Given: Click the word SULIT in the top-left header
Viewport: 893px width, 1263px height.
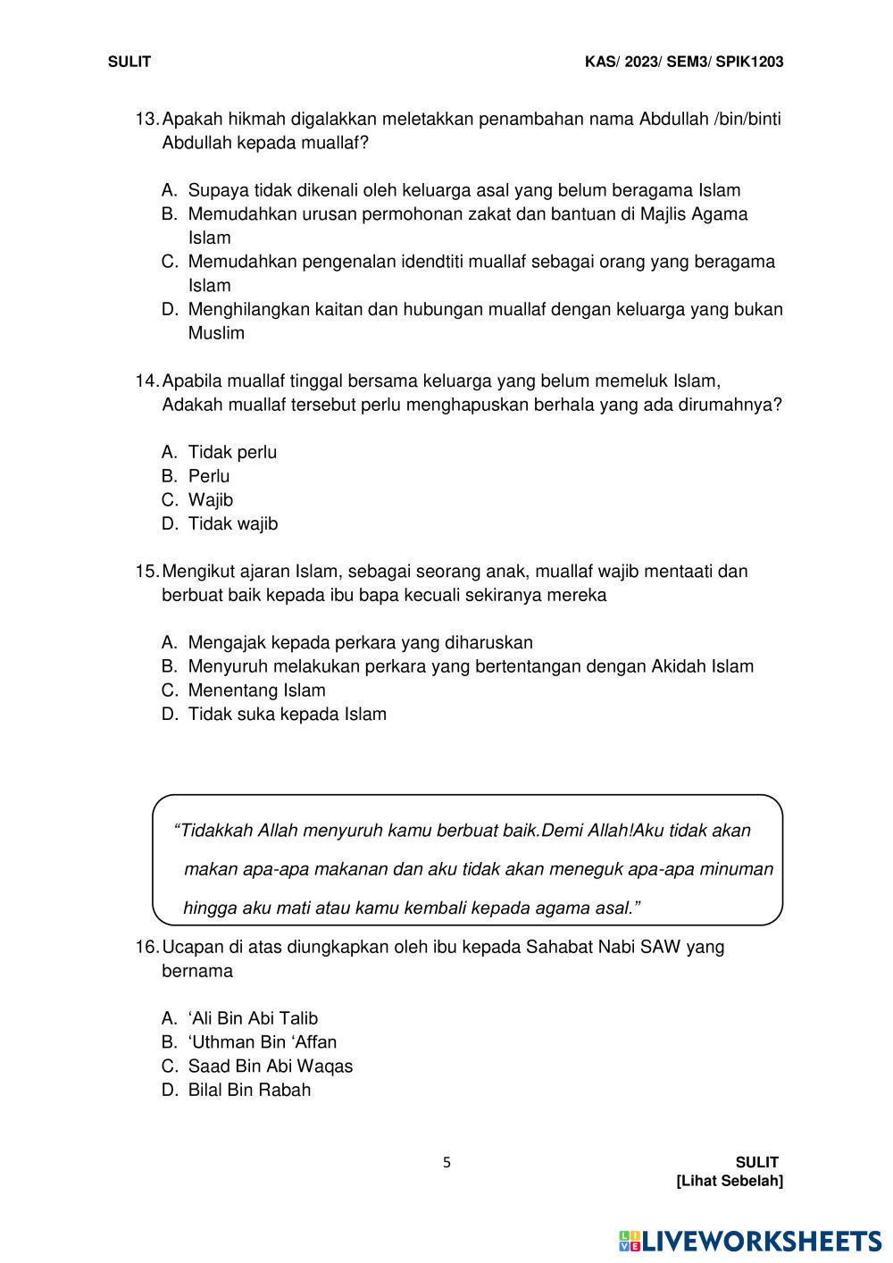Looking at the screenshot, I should [129, 62].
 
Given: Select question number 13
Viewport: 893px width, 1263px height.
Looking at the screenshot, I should [146, 119].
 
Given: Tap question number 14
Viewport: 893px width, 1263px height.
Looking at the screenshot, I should [146, 381].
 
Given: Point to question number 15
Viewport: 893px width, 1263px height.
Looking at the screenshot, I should [146, 571].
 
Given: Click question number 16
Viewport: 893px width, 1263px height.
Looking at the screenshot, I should [146, 947].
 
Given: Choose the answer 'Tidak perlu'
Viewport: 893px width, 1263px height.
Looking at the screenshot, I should [232, 452].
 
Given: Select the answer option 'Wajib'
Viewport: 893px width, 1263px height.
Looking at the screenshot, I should [210, 500].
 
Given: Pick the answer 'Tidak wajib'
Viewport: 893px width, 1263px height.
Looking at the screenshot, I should [232, 524].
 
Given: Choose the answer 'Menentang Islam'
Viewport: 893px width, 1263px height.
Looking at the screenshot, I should [256, 690].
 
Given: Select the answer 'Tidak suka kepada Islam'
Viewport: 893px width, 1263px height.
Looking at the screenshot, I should [287, 715].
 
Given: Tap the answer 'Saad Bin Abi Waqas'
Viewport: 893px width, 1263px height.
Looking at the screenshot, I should [270, 1066].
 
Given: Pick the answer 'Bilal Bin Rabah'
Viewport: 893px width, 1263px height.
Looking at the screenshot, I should [249, 1090].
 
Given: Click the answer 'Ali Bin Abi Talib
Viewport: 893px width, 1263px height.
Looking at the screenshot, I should [253, 1018].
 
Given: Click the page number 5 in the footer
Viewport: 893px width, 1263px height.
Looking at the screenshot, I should [447, 1163].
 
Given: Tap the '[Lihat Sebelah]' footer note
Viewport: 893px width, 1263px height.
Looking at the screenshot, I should [730, 1182].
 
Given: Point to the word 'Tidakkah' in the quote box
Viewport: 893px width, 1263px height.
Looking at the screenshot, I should [215, 831].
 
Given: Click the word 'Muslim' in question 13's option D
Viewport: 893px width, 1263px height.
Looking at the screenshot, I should [216, 333].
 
